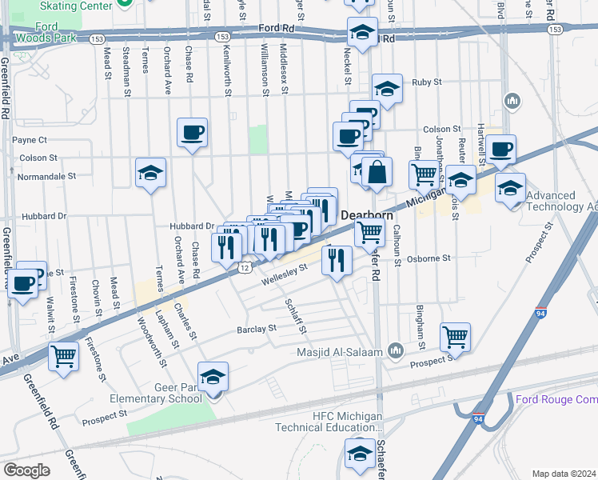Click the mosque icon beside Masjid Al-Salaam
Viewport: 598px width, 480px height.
pyautogui.click(x=395, y=350)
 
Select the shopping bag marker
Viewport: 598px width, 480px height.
pyautogui.click(x=377, y=171)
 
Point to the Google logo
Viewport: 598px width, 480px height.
pyautogui.click(x=26, y=470)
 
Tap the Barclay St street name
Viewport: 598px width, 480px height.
pyautogui.click(x=256, y=328)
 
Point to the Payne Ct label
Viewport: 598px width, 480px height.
pyautogui.click(x=30, y=140)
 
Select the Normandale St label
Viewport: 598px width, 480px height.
pyautogui.click(x=47, y=175)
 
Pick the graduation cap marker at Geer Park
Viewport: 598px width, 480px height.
pyautogui.click(x=213, y=376)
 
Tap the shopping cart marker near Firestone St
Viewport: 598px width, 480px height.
pyautogui.click(x=63, y=354)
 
